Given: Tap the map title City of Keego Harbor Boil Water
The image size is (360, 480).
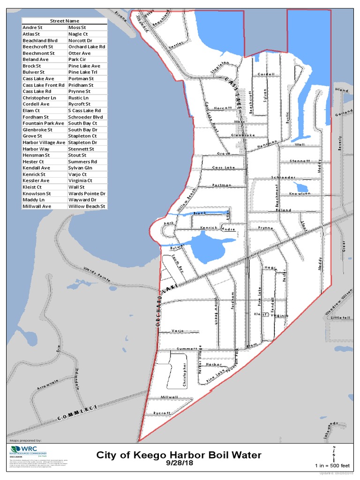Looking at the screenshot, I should coord(179,455).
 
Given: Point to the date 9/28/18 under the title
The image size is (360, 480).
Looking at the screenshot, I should coord(179,463).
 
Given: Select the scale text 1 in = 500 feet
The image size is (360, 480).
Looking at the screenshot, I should coord(332,465).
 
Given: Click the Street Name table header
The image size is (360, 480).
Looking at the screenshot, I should coord(65,21).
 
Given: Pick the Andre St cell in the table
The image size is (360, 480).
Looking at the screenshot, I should coord(32,28).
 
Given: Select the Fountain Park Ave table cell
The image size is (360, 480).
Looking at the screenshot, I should coord(43,123).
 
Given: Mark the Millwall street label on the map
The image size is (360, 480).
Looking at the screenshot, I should coord(169,397).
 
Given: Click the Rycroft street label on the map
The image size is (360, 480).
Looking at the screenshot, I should coord(162,412).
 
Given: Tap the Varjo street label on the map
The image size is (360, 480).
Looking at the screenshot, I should coord(177,331).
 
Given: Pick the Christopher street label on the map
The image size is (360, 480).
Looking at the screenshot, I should coord(185,375).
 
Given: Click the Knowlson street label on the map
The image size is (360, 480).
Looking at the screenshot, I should coord(300,193).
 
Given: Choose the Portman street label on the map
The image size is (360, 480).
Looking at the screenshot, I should coord(222,185).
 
